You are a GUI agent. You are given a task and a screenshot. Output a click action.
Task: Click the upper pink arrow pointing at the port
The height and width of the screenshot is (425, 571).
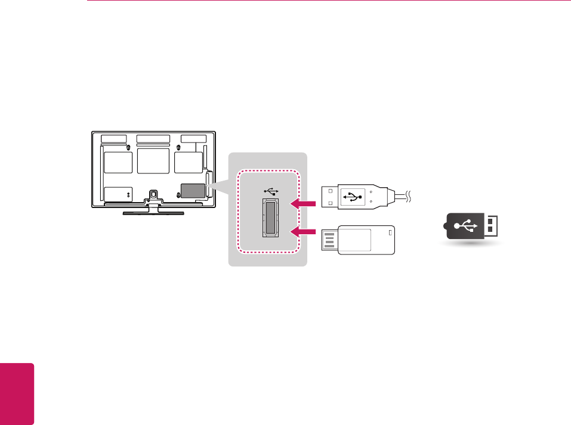click(x=302, y=204)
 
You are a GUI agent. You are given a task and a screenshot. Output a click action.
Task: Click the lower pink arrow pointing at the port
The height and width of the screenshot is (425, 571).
click(x=302, y=231)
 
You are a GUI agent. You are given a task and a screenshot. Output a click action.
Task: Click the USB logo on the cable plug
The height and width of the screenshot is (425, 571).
click(x=353, y=197)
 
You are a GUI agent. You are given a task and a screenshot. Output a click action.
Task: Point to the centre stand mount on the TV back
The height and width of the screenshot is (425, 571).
click(x=153, y=194)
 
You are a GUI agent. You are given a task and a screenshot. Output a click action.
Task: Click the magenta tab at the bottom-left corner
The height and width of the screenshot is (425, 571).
click(x=17, y=394)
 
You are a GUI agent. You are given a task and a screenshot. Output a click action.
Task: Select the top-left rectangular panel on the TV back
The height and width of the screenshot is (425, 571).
click(x=113, y=139)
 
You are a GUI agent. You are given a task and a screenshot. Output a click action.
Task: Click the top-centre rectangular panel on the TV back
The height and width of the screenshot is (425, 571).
click(x=153, y=139)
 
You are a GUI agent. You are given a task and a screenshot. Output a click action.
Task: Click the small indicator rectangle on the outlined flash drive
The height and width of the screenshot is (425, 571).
click(x=391, y=232)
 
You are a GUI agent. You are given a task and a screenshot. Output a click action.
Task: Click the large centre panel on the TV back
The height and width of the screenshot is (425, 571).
click(x=153, y=161)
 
